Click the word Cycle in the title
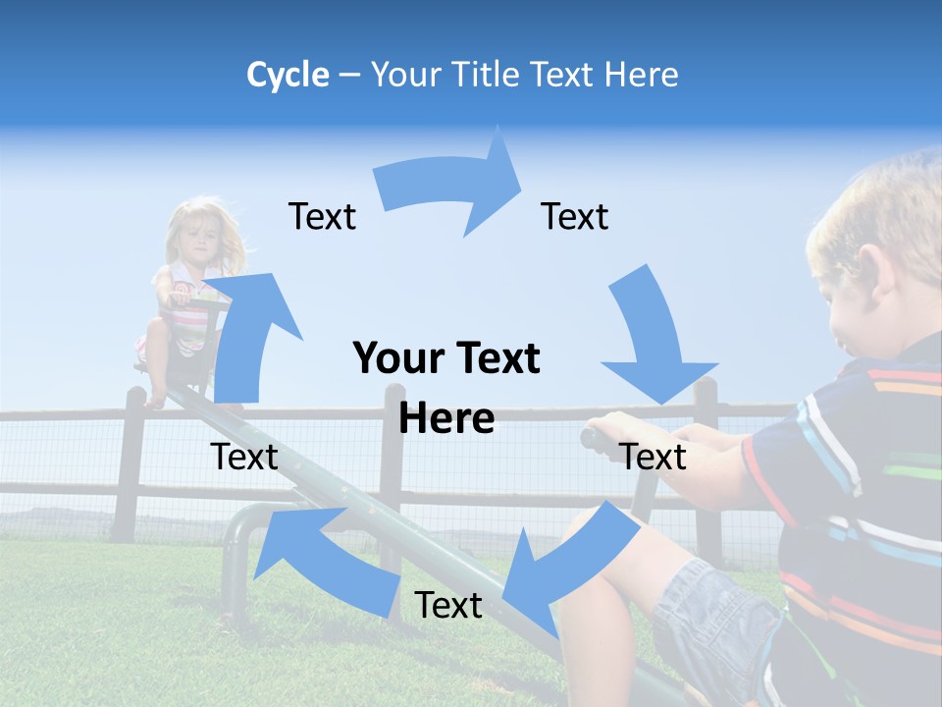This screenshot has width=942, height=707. point(288,75)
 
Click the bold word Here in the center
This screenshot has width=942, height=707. point(446,419)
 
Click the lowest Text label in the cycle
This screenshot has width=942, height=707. point(448,606)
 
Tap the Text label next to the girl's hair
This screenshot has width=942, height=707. point(322,217)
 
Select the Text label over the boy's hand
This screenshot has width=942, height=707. point(654,458)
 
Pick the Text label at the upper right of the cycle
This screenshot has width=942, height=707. point(575,217)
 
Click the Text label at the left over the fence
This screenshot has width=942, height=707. point(244,458)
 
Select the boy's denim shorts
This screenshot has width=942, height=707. point(716,619)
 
